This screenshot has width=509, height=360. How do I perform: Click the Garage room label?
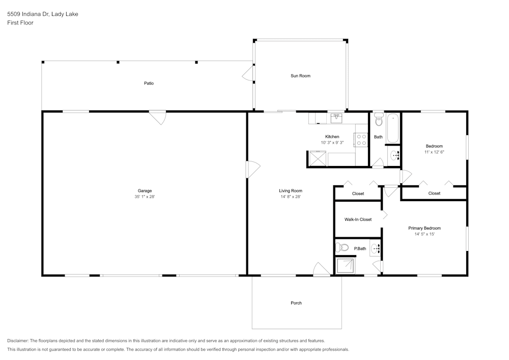(x=145, y=191)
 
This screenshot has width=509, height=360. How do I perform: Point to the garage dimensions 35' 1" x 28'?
(x=145, y=197)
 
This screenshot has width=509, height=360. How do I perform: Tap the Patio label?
(x=149, y=83)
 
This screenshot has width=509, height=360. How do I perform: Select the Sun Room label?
(x=300, y=76)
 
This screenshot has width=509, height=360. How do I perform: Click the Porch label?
(x=296, y=303)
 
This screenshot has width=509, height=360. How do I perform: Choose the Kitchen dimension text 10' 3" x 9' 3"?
(x=332, y=143)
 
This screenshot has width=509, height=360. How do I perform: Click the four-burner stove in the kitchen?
(x=361, y=140)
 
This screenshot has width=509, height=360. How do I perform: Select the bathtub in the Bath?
(x=393, y=129)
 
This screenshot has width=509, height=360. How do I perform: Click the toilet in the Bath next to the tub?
(x=378, y=120)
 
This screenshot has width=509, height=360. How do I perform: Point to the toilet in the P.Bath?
(x=342, y=248)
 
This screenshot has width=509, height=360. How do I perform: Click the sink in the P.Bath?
(x=376, y=248)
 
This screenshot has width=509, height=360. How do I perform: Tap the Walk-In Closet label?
(x=358, y=219)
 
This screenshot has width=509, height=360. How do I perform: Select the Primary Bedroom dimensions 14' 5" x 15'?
(x=425, y=234)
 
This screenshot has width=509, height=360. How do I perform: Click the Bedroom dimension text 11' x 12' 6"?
(x=434, y=152)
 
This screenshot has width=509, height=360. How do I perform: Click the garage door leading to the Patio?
(x=158, y=118)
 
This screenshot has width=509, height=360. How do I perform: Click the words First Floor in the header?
(x=20, y=23)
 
